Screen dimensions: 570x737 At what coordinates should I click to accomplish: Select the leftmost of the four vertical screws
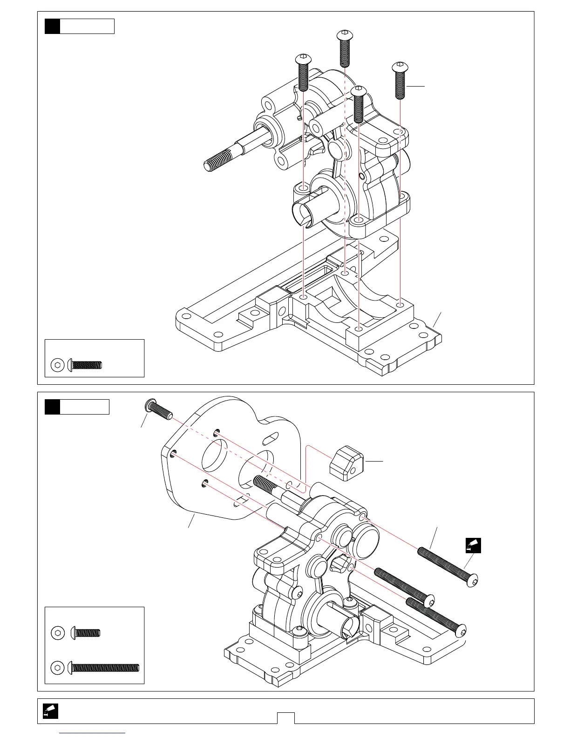pyautogui.click(x=303, y=72)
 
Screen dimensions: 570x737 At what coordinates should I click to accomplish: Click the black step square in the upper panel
pyautogui.click(x=53, y=26)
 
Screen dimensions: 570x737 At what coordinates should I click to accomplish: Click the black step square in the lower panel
pyautogui.click(x=53, y=407)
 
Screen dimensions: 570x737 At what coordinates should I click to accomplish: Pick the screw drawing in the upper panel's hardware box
pyautogui.click(x=85, y=365)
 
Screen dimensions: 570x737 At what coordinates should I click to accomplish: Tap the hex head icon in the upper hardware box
pyautogui.click(x=58, y=365)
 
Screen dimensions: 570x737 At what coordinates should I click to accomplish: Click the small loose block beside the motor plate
pyautogui.click(x=346, y=462)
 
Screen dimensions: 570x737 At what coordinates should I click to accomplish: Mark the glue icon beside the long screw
pyautogui.click(x=474, y=545)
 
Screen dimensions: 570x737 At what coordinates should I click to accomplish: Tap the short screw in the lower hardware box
pyautogui.click(x=86, y=633)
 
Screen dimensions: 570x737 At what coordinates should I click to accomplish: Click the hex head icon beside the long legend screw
pyautogui.click(x=58, y=668)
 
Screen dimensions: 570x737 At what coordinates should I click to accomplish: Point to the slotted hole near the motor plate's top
pyautogui.click(x=271, y=438)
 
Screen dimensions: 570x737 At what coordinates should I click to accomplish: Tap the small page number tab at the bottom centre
pyautogui.click(x=286, y=718)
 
